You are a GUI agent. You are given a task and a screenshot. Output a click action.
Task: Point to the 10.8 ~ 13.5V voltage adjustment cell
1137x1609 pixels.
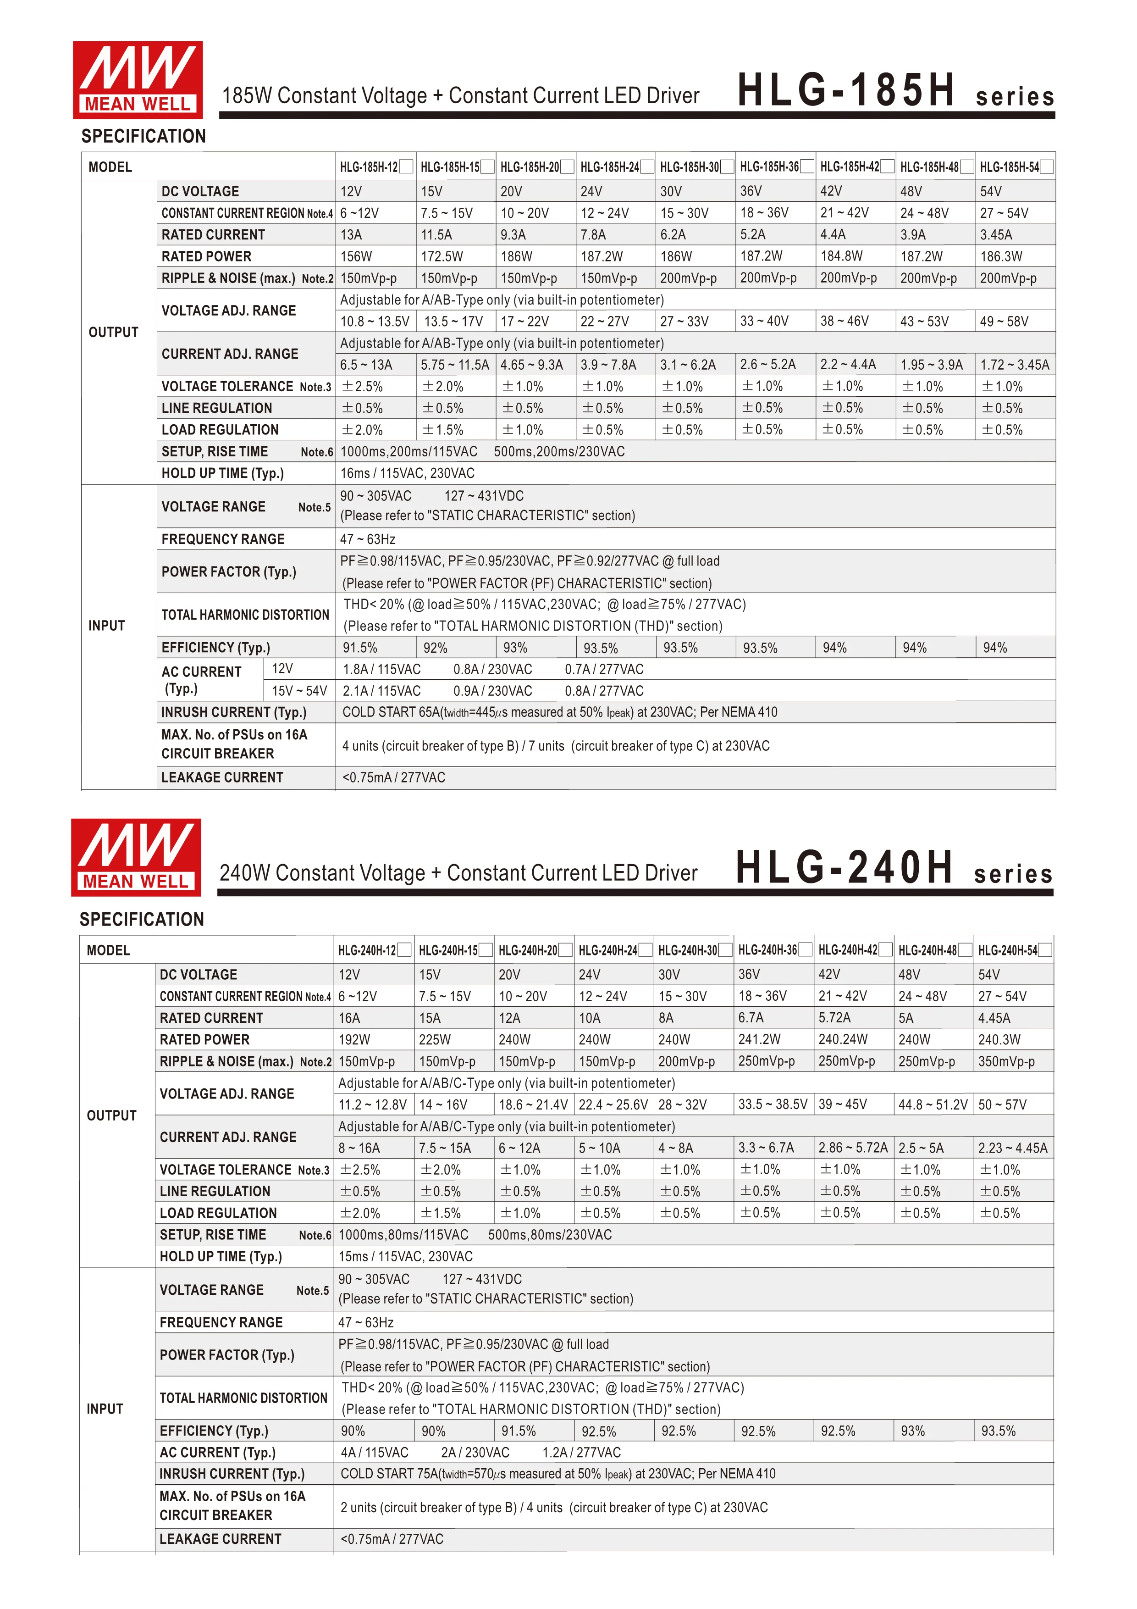[x=375, y=322]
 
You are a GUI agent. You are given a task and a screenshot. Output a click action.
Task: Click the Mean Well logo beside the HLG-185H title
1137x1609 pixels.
[x=138, y=79]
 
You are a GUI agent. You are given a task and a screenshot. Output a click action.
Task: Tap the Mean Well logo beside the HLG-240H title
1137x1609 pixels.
[x=136, y=857]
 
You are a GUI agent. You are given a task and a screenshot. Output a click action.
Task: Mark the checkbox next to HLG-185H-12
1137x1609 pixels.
[x=406, y=167]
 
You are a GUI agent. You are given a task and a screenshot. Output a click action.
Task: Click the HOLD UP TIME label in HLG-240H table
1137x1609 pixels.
[x=220, y=1256]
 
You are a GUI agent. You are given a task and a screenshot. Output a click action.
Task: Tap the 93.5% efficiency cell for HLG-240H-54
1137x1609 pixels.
[x=998, y=1431]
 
